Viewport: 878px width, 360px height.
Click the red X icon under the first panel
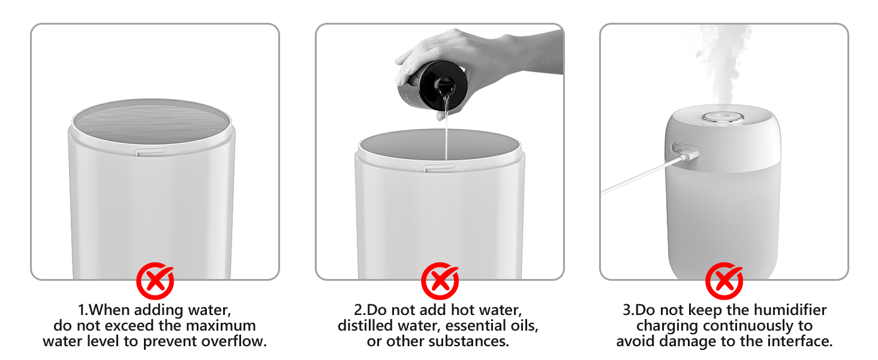155,281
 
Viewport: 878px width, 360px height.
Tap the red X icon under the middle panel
440,281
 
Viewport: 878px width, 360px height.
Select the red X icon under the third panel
724,281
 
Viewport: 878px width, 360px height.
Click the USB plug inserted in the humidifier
688,155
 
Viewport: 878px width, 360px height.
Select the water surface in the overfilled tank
151,123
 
